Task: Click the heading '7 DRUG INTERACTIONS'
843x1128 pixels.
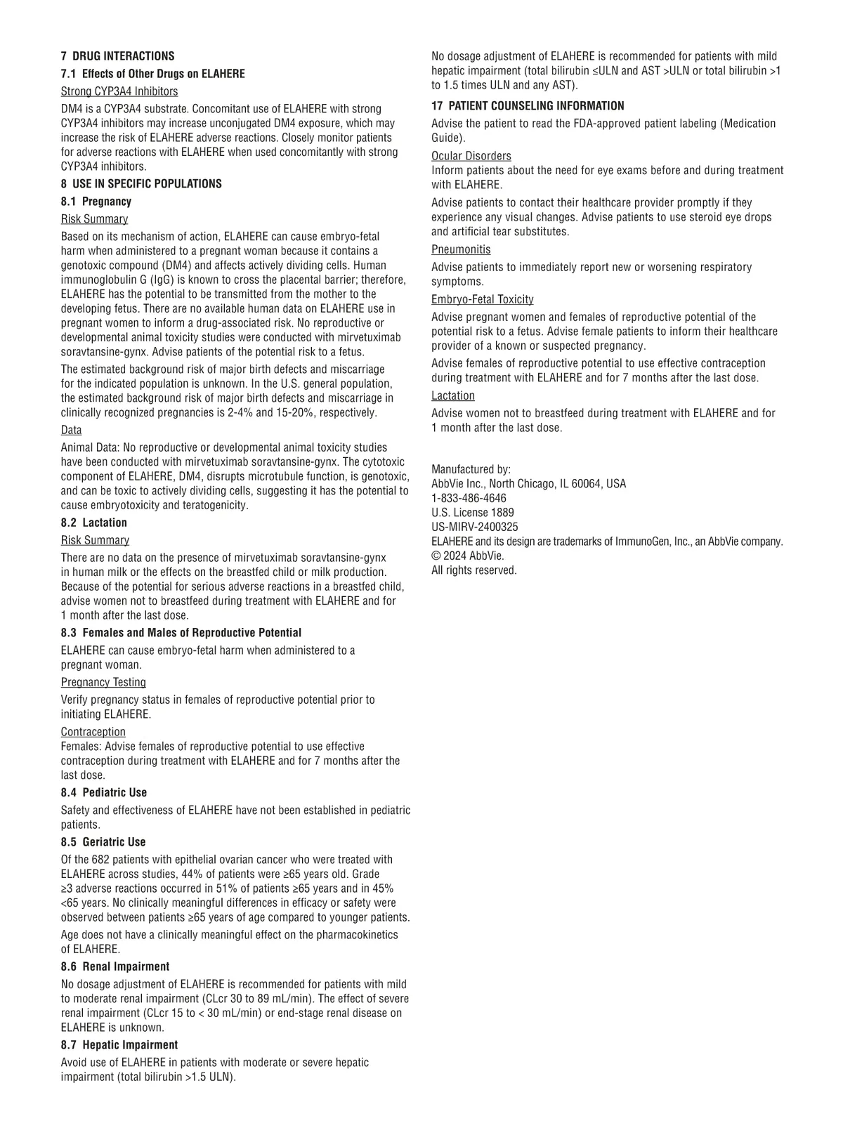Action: pyautogui.click(x=117, y=56)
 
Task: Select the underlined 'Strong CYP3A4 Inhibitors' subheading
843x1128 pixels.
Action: pyautogui.click(x=119, y=91)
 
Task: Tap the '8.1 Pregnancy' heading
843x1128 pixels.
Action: pyautogui.click(x=96, y=202)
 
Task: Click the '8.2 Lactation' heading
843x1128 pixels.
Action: pyautogui.click(x=94, y=523)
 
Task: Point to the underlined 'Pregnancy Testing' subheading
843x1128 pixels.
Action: pyautogui.click(x=103, y=682)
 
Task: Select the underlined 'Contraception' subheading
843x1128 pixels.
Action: pyautogui.click(x=93, y=732)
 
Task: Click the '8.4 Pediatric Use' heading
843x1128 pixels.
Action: pyautogui.click(x=104, y=793)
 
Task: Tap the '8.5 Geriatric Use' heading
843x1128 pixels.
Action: pyautogui.click(x=103, y=842)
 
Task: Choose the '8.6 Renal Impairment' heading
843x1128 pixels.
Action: pyautogui.click(x=115, y=966)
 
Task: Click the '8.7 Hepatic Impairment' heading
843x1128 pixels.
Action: pyautogui.click(x=119, y=1045)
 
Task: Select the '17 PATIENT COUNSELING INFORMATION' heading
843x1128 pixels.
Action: pyautogui.click(x=528, y=106)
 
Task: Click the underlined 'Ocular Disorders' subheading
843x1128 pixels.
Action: pyautogui.click(x=471, y=156)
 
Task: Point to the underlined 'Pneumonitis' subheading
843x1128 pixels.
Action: pyautogui.click(x=461, y=249)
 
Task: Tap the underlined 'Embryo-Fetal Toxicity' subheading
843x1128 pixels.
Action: pyautogui.click(x=483, y=299)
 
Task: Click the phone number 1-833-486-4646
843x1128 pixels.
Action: pyautogui.click(x=469, y=498)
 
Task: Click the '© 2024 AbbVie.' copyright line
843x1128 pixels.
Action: pyautogui.click(x=467, y=556)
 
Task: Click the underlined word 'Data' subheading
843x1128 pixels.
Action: pyautogui.click(x=71, y=430)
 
